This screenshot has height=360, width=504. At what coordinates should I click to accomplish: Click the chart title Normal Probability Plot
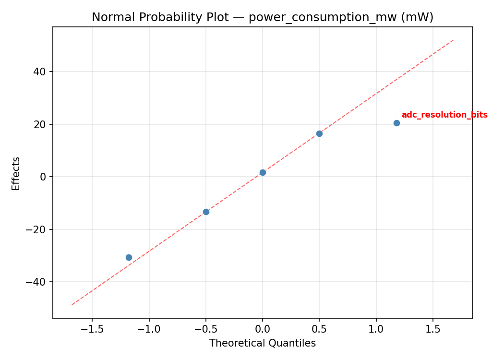coord(263,17)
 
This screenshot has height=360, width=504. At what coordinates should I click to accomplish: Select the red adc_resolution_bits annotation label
coord(444,115)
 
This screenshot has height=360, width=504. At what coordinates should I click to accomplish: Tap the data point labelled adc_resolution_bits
coord(396,123)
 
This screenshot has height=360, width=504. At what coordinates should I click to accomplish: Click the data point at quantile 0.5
coord(319,133)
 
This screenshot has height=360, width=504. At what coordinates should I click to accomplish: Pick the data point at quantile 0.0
coord(263,172)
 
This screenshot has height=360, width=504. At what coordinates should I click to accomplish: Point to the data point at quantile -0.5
coord(206,212)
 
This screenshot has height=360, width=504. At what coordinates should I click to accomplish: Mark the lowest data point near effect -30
coord(129,257)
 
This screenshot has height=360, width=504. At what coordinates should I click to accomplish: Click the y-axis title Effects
coord(16,173)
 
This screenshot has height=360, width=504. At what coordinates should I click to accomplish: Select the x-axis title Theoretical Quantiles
coord(263,343)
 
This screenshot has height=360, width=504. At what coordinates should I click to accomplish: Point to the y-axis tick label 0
coord(44,177)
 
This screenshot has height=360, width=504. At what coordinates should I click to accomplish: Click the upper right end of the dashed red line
coord(453,40)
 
